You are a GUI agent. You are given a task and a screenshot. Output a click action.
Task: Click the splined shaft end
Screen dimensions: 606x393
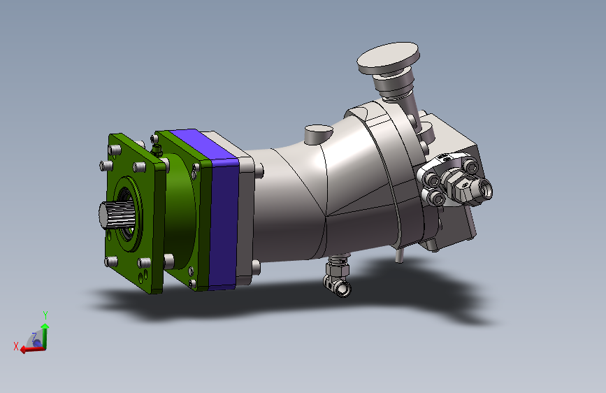tap(116, 215)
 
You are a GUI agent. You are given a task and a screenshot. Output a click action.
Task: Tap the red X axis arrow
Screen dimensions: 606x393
tap(32, 349)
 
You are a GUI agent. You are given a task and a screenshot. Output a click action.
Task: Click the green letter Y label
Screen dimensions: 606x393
tap(45, 315)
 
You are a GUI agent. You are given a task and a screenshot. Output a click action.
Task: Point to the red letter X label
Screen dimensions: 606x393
tap(16, 346)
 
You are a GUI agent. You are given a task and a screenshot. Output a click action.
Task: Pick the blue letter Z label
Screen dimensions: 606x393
tap(34, 336)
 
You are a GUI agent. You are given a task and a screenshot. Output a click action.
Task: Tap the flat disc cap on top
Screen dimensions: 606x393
tap(388, 58)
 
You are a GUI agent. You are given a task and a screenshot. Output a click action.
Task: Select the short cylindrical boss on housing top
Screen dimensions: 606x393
tap(319, 134)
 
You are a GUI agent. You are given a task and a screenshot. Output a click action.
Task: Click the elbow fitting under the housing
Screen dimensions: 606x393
tap(338, 276)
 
